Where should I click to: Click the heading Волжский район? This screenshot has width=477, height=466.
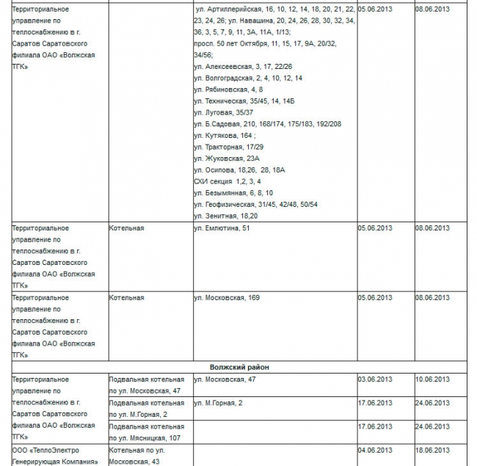coord(238,366)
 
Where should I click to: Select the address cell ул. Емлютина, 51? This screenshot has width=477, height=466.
coord(222,228)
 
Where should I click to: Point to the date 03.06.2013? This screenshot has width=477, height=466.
coord(375,379)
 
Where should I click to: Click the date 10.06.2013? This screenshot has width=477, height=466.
coord(432,379)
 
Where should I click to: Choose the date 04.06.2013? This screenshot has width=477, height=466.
coord(375,450)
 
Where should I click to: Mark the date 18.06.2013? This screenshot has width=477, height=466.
coord(432,450)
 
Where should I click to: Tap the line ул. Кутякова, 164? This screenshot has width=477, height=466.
coord(224,136)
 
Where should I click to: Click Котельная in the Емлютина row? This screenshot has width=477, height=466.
coord(126,228)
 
